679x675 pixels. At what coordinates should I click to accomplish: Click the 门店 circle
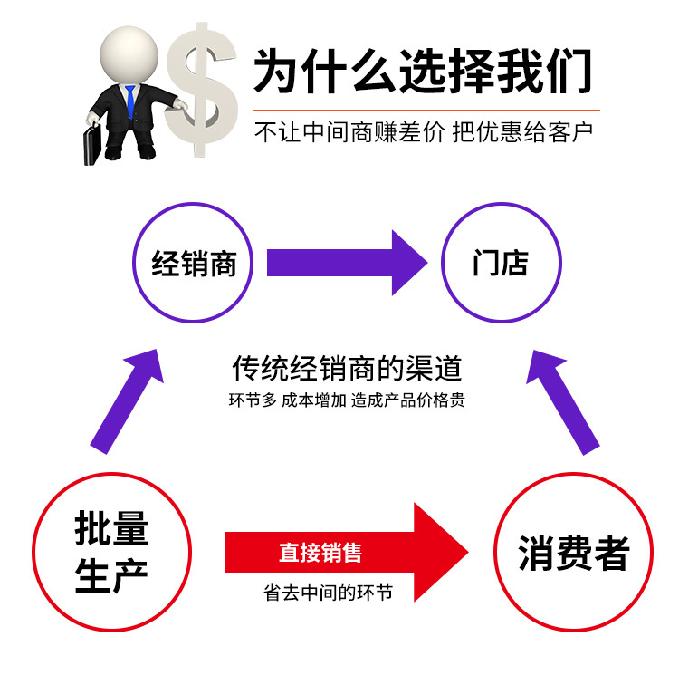(501, 264)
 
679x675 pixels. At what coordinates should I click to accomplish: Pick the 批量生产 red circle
(110, 552)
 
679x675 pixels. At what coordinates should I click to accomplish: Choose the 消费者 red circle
(573, 552)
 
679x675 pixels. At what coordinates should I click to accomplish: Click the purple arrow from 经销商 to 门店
(344, 263)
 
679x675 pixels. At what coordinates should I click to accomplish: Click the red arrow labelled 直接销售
(344, 552)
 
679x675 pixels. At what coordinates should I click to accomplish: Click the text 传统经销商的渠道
(347, 369)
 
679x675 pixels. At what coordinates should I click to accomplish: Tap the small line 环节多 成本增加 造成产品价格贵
(347, 400)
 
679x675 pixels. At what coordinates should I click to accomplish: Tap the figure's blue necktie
(130, 100)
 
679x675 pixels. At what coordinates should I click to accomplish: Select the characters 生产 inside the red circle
(110, 576)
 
